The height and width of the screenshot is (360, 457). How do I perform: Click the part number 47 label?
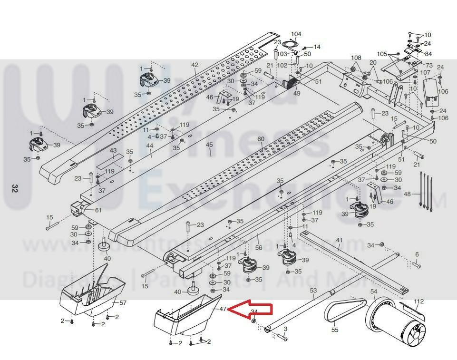pos(223,309)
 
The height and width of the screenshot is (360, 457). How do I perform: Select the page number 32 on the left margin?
pos(14,188)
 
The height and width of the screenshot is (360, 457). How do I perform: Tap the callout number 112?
pos(418,301)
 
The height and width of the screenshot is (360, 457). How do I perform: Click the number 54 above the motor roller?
pos(373,291)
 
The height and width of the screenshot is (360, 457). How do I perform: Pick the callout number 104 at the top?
pos(296,34)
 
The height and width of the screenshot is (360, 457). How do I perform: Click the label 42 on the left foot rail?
pos(194,65)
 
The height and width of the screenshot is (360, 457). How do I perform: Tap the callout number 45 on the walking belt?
pos(209,145)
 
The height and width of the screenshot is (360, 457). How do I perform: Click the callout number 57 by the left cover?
pos(123,303)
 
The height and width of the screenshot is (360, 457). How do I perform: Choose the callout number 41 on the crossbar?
pos(339,240)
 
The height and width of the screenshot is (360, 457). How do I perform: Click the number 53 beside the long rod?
pos(313,290)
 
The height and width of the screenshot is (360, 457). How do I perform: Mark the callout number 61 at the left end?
pos(98,210)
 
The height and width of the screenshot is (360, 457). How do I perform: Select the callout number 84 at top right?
pos(428,54)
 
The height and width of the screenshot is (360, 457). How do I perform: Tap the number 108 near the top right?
pos(356,58)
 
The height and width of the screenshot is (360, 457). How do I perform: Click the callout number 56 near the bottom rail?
pos(259,248)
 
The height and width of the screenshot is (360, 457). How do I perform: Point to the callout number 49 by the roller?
pos(297,93)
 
